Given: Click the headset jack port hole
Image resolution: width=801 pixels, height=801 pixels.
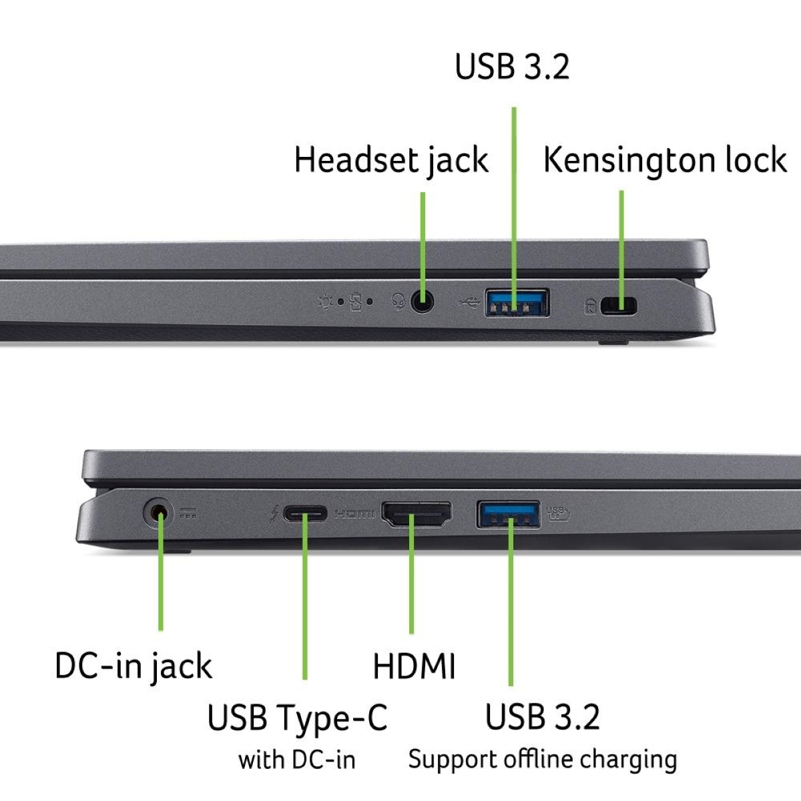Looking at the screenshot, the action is [x=422, y=301].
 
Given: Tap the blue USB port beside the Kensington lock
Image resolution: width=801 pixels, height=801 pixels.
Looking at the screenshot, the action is [x=517, y=302].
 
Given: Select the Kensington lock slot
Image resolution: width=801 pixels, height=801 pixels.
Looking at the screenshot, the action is [x=619, y=306].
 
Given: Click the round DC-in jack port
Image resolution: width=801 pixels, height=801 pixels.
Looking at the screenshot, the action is [x=158, y=514].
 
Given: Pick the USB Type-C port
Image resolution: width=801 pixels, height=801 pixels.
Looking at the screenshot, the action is [x=304, y=514].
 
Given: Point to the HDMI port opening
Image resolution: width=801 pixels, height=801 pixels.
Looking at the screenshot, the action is [x=416, y=514].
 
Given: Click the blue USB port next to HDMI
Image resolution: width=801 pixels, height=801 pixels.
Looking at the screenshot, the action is [x=508, y=515].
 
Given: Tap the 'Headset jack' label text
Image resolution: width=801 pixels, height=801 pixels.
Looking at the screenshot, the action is [x=391, y=160].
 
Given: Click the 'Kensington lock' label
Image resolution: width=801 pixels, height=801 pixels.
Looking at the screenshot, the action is [x=665, y=160].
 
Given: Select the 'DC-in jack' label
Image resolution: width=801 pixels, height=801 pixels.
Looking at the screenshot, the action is [x=133, y=666].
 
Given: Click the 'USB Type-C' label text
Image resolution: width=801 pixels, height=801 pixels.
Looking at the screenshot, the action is [x=297, y=718].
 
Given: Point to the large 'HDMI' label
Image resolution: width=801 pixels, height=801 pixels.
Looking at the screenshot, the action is [x=414, y=666].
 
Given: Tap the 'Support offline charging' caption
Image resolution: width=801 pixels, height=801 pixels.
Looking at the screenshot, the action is [x=543, y=760].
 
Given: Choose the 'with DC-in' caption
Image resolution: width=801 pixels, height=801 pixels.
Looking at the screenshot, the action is [x=297, y=760].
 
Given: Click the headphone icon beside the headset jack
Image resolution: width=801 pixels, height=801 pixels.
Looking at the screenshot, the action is [x=398, y=302].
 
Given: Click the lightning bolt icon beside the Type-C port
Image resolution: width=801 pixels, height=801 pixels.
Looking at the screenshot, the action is [x=274, y=515].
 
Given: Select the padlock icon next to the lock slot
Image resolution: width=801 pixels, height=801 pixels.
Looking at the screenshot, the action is [x=590, y=306].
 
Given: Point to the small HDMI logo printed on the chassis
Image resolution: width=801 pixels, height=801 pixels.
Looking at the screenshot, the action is [x=354, y=515].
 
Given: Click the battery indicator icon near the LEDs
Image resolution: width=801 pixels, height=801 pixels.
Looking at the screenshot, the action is [x=356, y=302].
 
